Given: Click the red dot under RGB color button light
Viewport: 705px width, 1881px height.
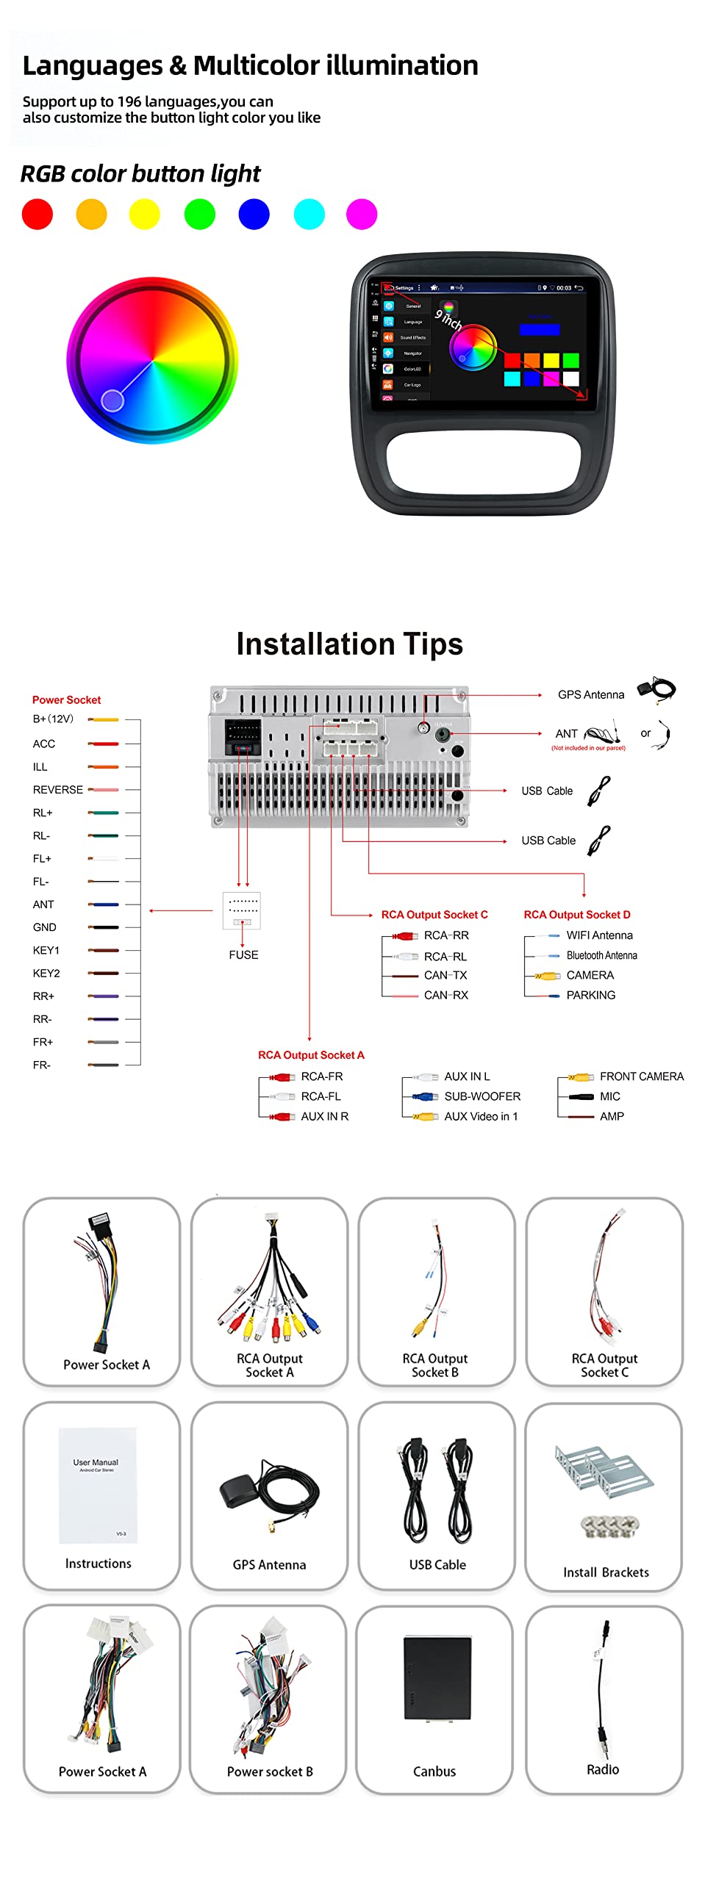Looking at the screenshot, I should coord(37,215).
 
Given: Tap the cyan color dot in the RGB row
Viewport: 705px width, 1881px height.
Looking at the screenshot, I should coord(309,215).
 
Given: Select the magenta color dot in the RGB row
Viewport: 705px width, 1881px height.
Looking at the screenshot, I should coord(362,215).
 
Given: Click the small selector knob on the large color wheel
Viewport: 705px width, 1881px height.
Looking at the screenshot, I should coord(112,400).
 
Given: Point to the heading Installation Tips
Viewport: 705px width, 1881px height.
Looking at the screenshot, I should coord(349,644).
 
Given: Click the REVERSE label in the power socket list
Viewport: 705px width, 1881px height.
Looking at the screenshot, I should coord(57,790).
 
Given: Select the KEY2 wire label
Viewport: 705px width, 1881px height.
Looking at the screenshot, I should coord(46,974).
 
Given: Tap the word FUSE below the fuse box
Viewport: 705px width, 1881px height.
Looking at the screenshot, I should coord(243,955).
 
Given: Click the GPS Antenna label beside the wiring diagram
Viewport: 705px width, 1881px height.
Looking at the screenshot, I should coord(590,695).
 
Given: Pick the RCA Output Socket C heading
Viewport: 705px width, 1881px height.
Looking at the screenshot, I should coord(434,915).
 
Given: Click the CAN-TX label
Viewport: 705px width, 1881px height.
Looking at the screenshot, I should coord(445,976).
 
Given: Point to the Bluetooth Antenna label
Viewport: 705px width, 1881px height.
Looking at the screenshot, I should coord(601,956).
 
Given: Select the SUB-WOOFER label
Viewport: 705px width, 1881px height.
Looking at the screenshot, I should coord(482,1097).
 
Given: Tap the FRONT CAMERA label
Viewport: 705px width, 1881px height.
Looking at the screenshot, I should coord(641,1077).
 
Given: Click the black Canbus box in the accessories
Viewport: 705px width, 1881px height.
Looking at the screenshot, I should coord(437,1679).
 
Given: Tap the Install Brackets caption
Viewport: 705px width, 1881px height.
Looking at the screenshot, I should coord(606,1572).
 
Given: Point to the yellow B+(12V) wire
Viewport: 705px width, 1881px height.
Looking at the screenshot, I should coord(104,720).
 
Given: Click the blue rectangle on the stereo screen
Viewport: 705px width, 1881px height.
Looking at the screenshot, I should coord(540,330).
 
